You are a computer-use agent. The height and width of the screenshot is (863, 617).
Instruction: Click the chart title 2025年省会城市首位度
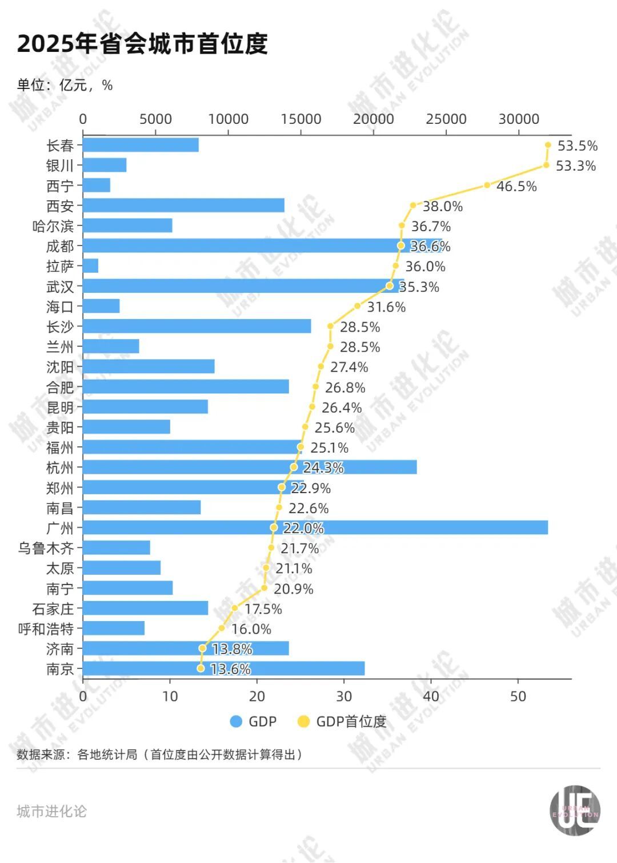(x=142, y=43)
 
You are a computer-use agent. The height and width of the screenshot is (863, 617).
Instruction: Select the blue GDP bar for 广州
(x=315, y=527)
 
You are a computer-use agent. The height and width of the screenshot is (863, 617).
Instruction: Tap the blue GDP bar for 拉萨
(x=91, y=266)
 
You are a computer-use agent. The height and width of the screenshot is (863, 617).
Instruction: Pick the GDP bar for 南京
(x=224, y=668)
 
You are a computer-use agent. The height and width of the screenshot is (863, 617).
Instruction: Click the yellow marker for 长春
(x=548, y=145)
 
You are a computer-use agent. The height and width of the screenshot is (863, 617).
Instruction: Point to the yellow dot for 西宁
(x=487, y=185)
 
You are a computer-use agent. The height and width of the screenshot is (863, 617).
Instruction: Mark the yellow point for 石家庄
(x=234, y=608)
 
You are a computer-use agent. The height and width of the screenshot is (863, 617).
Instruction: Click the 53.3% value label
(x=576, y=166)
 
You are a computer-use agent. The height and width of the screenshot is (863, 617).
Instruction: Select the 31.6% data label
(x=386, y=307)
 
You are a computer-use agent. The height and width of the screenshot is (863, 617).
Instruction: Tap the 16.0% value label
(x=251, y=629)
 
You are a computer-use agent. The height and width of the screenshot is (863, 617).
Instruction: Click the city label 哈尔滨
(x=53, y=226)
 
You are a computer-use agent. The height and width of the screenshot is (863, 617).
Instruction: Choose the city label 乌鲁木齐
(x=46, y=548)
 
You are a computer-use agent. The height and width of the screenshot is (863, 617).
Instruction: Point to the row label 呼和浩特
(x=46, y=629)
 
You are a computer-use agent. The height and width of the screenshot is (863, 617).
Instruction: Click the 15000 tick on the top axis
(x=301, y=119)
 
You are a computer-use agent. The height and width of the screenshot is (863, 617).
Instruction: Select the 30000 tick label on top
(x=519, y=119)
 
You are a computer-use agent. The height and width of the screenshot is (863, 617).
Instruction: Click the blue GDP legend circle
(x=235, y=721)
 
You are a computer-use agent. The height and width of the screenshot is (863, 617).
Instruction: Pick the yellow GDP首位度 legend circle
(x=303, y=721)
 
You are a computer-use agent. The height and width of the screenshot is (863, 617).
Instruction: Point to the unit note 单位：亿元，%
(x=65, y=85)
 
